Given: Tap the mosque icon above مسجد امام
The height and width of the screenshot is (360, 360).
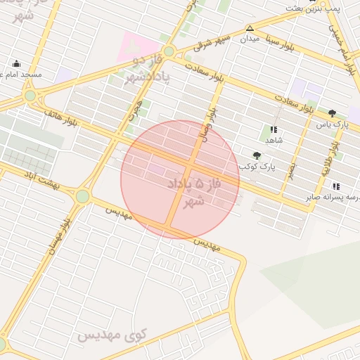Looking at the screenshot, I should (x=16, y=63).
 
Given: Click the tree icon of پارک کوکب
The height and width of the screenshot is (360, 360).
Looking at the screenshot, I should (x=255, y=155).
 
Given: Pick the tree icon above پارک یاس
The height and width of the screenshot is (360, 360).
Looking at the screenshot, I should (x=332, y=112).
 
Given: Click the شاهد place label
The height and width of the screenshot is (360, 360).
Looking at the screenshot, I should (x=274, y=140).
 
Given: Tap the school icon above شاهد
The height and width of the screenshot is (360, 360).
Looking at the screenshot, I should (x=274, y=129).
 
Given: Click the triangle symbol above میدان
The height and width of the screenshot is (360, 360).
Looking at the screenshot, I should (x=249, y=28).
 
